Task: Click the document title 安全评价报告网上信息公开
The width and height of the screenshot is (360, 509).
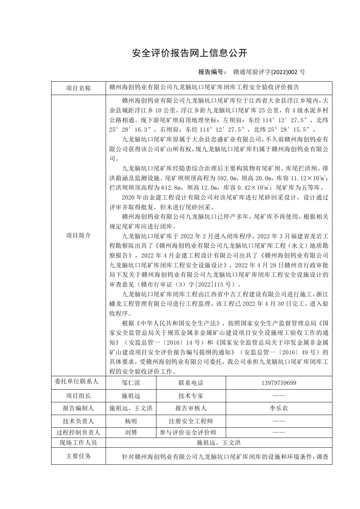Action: (190, 53)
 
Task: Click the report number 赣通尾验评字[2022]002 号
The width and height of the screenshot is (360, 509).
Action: (269, 72)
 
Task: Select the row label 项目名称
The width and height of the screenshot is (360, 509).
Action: (78, 88)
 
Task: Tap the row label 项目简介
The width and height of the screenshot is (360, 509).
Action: (78, 235)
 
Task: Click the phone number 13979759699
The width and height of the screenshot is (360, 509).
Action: (279, 383)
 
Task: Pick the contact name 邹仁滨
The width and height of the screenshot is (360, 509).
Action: (131, 383)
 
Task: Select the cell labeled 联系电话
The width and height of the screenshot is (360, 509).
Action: (191, 383)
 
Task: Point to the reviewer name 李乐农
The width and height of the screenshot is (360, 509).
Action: (279, 408)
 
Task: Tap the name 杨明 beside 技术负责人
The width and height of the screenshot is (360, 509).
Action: (131, 421)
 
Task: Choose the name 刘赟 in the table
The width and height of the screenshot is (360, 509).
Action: (131, 432)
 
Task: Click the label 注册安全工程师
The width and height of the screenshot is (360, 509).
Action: (191, 421)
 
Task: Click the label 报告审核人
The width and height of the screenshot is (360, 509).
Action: (191, 408)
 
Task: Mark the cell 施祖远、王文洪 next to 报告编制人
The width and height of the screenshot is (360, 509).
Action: (131, 408)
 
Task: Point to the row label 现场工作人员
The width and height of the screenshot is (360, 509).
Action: (78, 443)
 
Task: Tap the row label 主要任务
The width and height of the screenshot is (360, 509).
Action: (78, 456)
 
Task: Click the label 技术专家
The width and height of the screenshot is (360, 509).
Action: (191, 396)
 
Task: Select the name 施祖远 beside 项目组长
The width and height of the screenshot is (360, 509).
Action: (131, 396)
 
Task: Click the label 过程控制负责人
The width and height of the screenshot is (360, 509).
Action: (78, 432)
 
